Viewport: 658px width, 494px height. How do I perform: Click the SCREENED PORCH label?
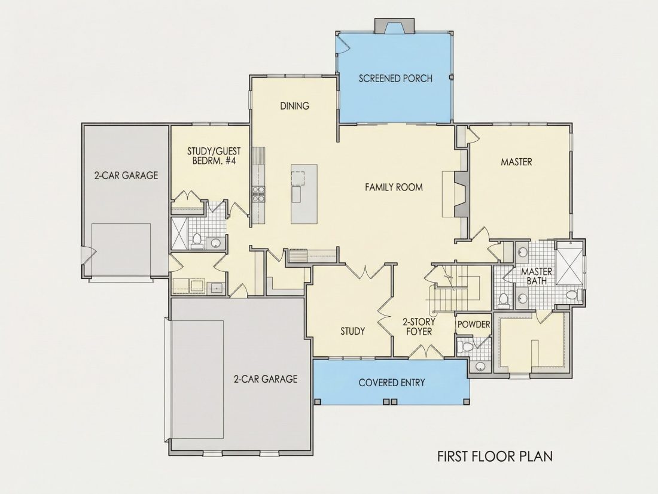(395, 78)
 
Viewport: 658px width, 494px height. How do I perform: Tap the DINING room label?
(294, 106)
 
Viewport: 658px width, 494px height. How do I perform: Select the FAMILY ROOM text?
(394, 187)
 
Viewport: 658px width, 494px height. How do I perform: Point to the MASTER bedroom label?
(516, 162)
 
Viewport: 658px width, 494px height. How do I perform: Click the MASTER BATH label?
(537, 277)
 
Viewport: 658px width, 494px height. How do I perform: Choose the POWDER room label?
(474, 325)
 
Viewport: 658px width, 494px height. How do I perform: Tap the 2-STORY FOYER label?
(419, 327)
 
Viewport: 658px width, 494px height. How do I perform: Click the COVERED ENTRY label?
(392, 383)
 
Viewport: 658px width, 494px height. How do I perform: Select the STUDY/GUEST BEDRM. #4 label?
(214, 156)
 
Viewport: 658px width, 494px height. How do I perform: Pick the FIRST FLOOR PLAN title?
(495, 456)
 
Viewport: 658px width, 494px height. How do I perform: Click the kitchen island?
(304, 194)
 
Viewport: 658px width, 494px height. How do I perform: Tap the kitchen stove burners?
(258, 194)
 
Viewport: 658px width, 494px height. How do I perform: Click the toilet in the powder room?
(465, 347)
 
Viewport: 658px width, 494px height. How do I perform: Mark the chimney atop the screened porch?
(394, 25)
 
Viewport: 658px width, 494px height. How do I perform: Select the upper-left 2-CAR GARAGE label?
(126, 175)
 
